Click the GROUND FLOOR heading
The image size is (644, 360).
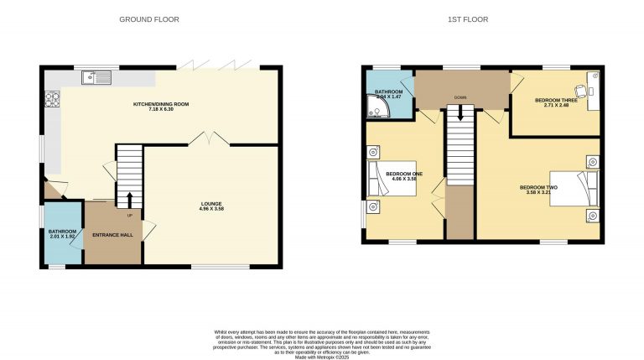click(x=148, y=18)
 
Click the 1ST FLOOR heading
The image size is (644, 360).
click(x=474, y=18)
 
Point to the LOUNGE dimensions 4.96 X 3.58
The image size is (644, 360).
click(x=210, y=208)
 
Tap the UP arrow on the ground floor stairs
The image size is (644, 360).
click(x=130, y=200)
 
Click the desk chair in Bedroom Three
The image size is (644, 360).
click(x=579, y=87)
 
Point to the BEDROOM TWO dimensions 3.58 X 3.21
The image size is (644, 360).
click(x=538, y=192)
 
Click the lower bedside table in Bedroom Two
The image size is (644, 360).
click(x=592, y=216)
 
